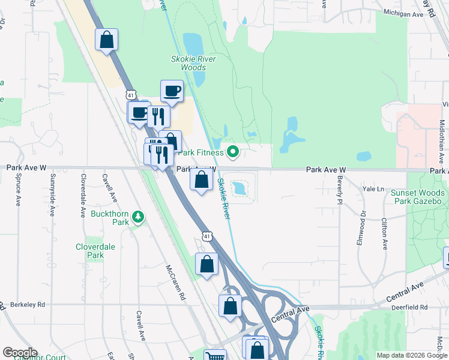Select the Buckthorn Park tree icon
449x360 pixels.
(139, 216)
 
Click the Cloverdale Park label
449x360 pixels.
(90, 251)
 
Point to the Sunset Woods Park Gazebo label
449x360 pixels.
(418, 197)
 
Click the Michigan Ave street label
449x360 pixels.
(402, 12)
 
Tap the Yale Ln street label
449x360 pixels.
(373, 188)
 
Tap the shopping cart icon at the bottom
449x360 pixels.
(214, 356)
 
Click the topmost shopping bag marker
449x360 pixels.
(107, 40)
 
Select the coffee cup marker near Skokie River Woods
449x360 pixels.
(172, 91)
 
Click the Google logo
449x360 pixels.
(20, 353)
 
